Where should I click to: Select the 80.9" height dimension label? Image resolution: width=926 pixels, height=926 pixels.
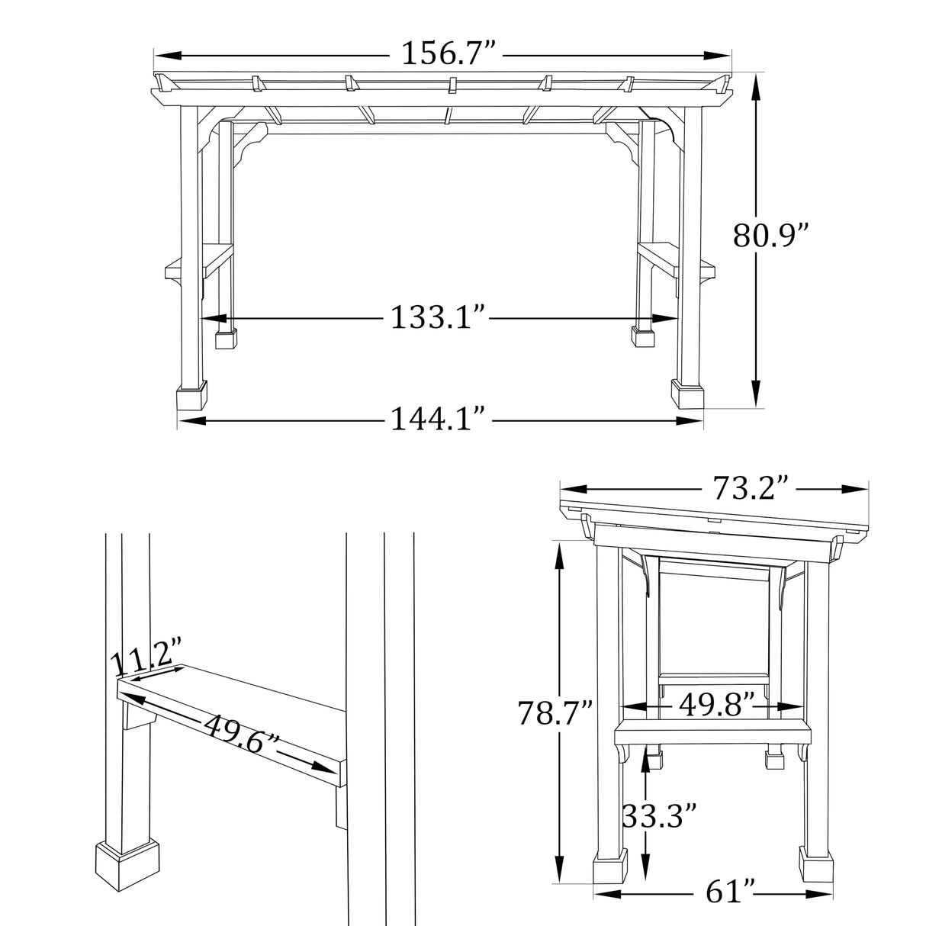click(770, 236)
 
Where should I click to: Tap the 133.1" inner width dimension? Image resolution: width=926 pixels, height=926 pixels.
click(438, 317)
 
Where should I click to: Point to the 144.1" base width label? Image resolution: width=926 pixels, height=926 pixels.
click(438, 418)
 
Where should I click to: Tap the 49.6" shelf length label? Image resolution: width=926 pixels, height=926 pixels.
click(240, 733)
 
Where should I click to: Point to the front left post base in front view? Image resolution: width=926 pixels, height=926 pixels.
click(192, 397)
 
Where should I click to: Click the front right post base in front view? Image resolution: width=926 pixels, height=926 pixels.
click(686, 394)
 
